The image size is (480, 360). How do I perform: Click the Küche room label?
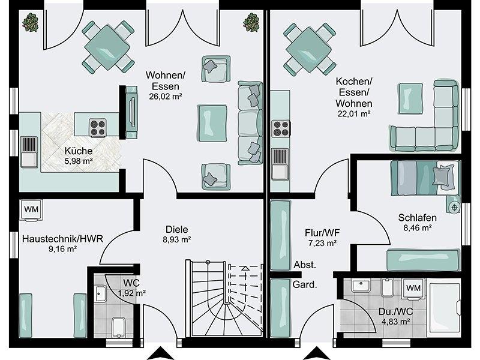click(x=79, y=151)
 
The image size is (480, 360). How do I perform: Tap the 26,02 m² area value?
click(x=166, y=97)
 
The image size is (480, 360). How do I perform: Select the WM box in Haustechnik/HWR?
click(x=31, y=209)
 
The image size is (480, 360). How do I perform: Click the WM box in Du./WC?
click(x=413, y=288)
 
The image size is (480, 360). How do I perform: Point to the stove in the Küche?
click(x=98, y=127)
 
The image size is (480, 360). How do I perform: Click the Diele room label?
click(x=176, y=229)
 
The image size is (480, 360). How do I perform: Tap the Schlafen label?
click(x=417, y=218)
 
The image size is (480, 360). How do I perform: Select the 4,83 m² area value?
click(x=396, y=322)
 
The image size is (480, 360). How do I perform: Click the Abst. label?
click(x=305, y=265)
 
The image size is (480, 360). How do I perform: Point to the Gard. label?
click(x=305, y=284)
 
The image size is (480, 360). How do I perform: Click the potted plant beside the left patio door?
click(x=31, y=22)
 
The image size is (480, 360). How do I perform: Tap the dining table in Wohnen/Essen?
click(x=107, y=47)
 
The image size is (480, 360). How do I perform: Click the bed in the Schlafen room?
click(x=425, y=178)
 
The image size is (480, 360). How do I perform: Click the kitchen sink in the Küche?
click(x=29, y=152)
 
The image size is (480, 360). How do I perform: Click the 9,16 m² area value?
click(x=62, y=249)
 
